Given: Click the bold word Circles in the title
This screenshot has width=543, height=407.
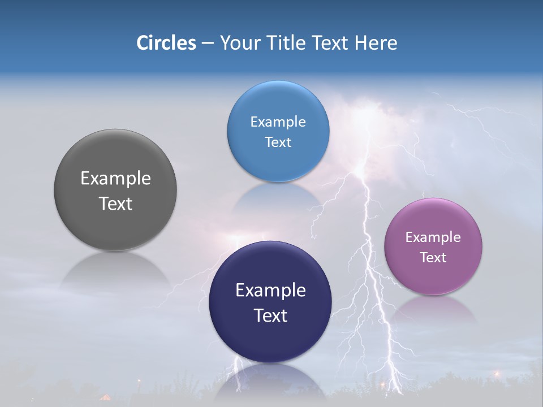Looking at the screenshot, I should (166, 43).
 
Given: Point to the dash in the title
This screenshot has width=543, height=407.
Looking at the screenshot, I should (208, 44).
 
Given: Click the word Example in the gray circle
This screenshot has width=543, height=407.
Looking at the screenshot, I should (115, 179).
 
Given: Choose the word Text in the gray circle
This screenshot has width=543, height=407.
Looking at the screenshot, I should (115, 203).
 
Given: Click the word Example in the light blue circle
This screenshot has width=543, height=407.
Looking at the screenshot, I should (278, 122).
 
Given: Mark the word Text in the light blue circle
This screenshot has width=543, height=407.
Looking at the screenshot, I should (278, 142).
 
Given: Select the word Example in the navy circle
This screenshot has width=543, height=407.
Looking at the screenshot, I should (270, 291).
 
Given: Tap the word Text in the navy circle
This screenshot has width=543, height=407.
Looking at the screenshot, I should (270, 315).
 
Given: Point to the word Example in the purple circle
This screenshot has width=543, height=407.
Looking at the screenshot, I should (433, 237).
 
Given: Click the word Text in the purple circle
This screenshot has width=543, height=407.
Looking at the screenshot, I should (433, 258).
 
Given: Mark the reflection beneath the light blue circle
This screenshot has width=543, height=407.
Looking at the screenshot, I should (277, 198).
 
